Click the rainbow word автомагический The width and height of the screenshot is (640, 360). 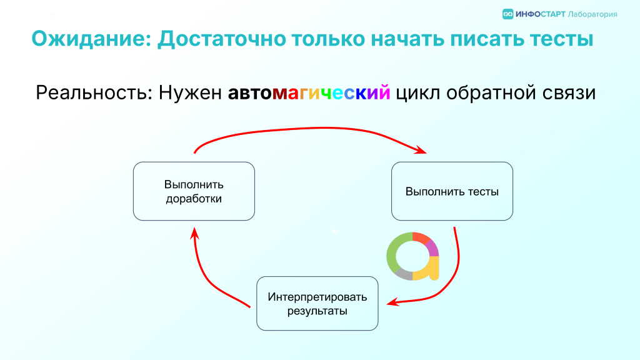point(309,92)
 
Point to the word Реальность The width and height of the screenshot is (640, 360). point(94,92)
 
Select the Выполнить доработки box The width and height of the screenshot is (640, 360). point(194,191)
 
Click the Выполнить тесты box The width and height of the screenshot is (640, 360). point(452,191)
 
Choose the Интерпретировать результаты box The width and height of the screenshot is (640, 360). point(317,303)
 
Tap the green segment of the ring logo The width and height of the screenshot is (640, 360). point(392,252)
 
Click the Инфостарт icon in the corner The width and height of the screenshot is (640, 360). point(507,14)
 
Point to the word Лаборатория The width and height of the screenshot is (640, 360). point(592,14)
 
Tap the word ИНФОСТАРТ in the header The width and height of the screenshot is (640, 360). point(541,14)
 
